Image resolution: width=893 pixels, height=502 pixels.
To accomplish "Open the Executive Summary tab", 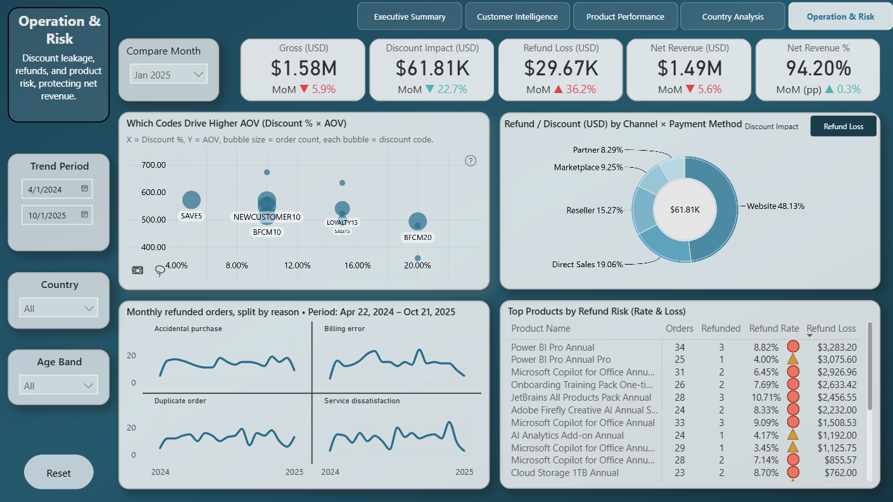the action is (409, 16).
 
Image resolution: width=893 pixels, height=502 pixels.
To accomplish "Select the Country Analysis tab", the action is (733, 16).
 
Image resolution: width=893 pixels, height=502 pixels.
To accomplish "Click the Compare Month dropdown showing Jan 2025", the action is (168, 75).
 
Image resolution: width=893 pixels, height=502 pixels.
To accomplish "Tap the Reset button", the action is (59, 473).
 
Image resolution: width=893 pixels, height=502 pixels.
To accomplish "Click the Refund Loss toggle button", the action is (843, 127).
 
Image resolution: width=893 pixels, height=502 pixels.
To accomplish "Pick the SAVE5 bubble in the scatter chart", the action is (191, 200).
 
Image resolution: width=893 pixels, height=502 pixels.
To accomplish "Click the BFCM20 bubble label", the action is (417, 237).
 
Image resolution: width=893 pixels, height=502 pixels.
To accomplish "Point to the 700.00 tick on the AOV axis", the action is (153, 165).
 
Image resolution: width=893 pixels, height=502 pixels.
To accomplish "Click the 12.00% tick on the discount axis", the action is (298, 265).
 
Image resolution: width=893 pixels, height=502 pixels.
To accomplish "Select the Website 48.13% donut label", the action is (775, 206).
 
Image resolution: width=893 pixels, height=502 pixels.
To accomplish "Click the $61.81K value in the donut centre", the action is (685, 210).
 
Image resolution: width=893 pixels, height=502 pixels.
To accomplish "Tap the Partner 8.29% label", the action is (598, 150).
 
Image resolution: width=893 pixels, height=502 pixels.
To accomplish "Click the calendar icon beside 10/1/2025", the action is (84, 215).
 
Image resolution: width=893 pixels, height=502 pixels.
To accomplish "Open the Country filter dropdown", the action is (59, 308).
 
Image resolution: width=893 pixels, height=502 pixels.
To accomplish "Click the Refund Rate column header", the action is (774, 329).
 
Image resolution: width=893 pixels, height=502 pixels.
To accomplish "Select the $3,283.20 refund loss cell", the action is (837, 348).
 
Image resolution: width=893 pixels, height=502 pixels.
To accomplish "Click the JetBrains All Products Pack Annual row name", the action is (581, 397).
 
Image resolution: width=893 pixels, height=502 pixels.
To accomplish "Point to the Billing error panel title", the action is (345, 329).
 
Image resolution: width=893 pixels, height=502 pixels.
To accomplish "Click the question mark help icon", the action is (471, 161).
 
